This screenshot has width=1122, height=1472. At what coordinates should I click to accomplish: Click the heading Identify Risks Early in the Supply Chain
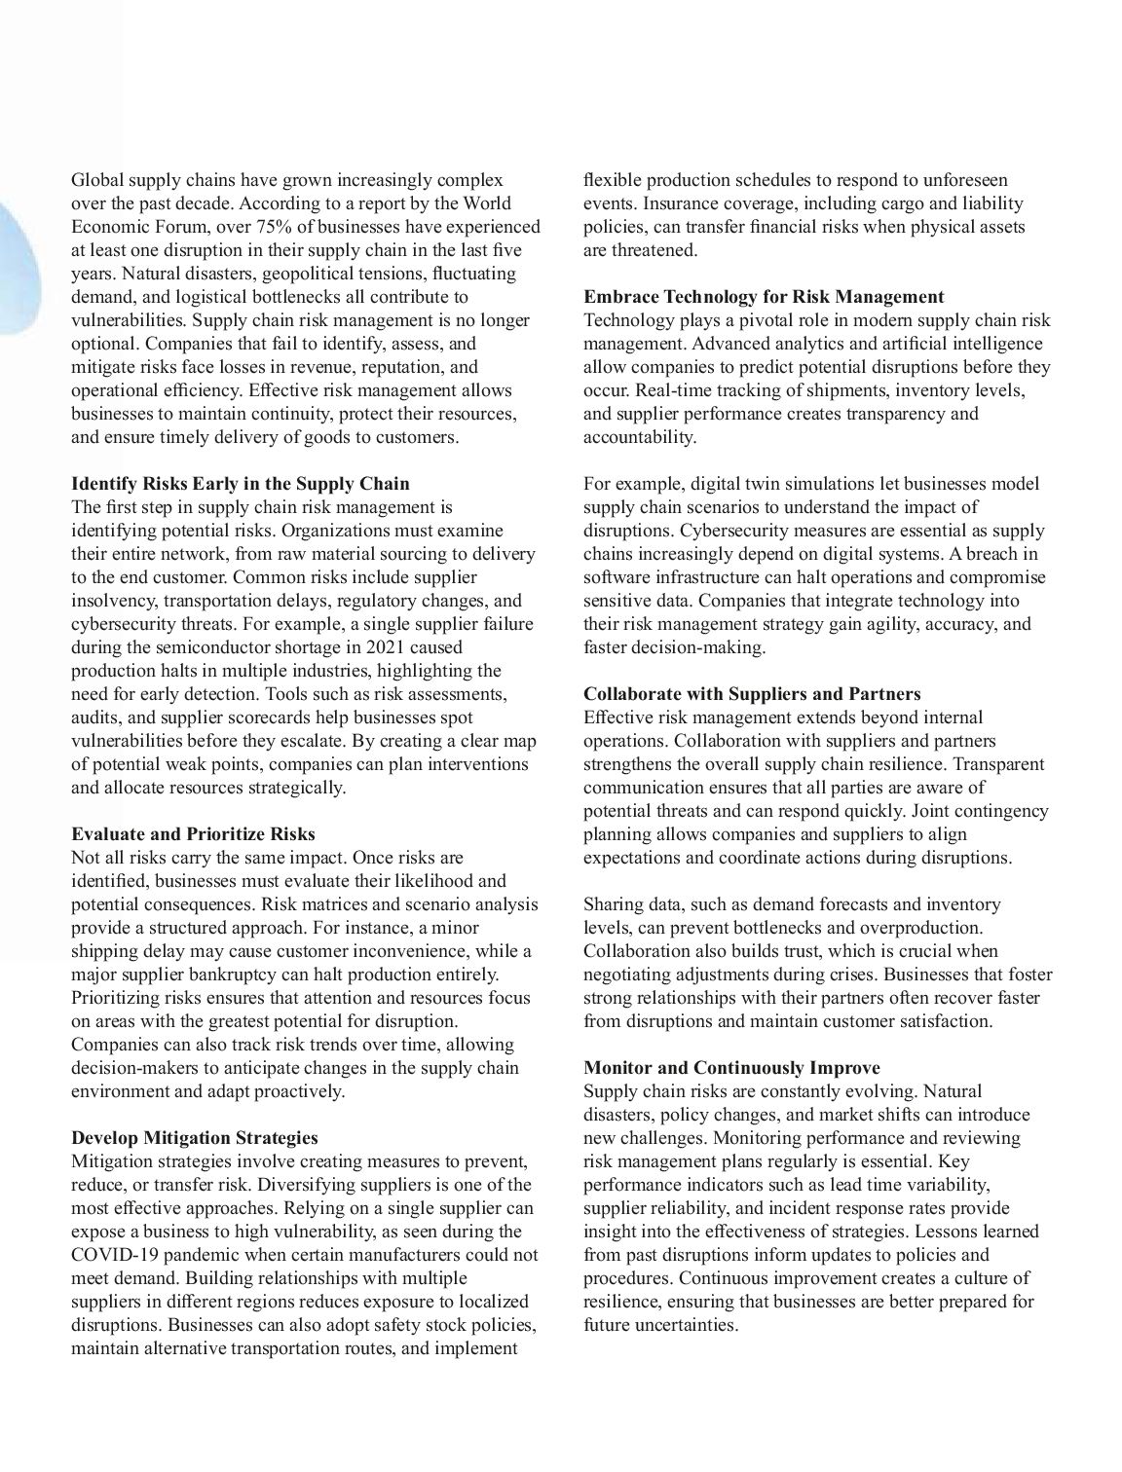tap(241, 484)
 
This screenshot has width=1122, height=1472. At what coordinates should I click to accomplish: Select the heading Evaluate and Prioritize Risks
tap(193, 834)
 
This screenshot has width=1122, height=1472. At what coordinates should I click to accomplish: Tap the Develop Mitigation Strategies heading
tap(195, 1138)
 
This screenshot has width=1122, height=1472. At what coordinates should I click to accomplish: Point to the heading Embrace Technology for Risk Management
tap(764, 297)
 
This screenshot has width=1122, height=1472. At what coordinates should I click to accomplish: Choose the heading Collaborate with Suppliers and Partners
tap(752, 694)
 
